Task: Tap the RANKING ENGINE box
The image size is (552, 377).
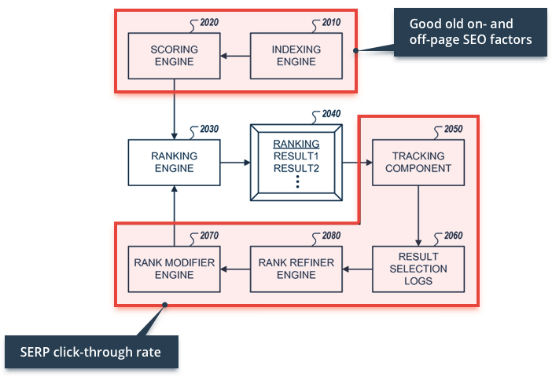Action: tap(174, 163)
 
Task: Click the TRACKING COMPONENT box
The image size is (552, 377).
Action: tap(418, 163)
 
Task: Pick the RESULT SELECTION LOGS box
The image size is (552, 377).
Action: tap(418, 269)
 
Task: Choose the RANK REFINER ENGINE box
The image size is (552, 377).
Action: tap(296, 269)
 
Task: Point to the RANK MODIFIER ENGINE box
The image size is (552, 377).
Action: tap(174, 269)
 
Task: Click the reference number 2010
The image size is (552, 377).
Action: tap(331, 22)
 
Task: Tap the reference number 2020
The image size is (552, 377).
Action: tap(209, 22)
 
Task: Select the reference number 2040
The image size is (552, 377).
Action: tap(331, 114)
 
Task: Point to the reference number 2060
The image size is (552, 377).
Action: tap(454, 235)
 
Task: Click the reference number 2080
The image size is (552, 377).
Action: tap(331, 235)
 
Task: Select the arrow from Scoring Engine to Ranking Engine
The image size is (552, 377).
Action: tap(174, 109)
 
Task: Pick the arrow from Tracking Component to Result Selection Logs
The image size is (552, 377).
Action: tap(418, 215)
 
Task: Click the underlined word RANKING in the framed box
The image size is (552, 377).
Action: tap(296, 144)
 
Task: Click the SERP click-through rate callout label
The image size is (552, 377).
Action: tap(91, 352)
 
